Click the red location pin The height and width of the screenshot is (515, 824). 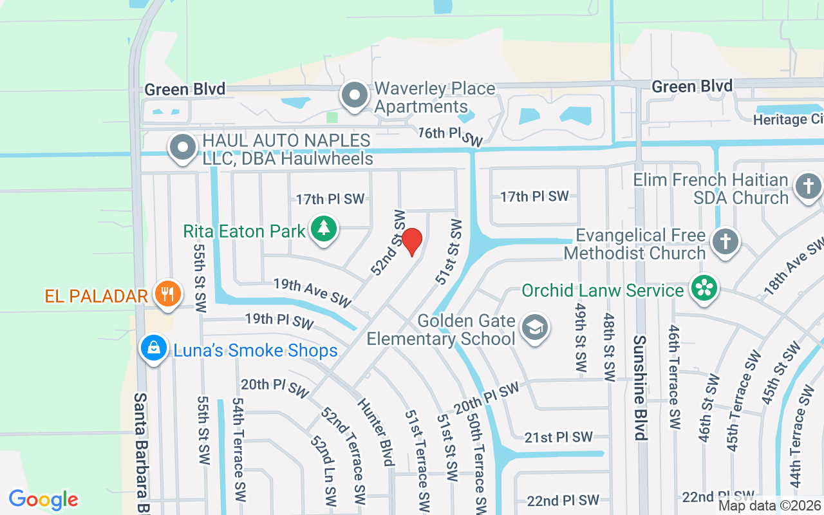pyautogui.click(x=412, y=241)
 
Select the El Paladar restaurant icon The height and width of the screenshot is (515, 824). pyautogui.click(x=168, y=294)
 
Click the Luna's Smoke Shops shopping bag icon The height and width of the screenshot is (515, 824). pyautogui.click(x=154, y=349)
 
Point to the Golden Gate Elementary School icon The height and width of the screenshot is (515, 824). pyautogui.click(x=534, y=328)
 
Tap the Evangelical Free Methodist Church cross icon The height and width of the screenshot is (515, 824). pyautogui.click(x=726, y=243)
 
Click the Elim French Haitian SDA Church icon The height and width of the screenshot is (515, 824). pyautogui.click(x=808, y=187)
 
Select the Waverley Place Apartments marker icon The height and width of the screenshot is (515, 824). pyautogui.click(x=354, y=97)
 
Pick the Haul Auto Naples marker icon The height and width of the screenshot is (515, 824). pyautogui.click(x=183, y=147)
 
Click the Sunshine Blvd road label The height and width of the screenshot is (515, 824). pyautogui.click(x=639, y=388)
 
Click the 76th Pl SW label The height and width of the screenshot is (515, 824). pyautogui.click(x=450, y=136)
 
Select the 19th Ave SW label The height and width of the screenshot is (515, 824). pyautogui.click(x=312, y=292)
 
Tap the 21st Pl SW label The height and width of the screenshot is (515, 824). pyautogui.click(x=558, y=437)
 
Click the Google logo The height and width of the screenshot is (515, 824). pyautogui.click(x=43, y=500)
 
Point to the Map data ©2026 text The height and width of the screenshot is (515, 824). pyautogui.click(x=770, y=506)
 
